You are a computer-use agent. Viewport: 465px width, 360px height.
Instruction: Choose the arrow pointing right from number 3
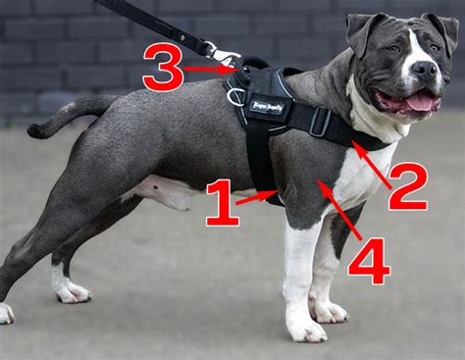click(210, 69)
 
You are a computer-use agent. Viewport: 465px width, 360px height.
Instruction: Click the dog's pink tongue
click(420, 100)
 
